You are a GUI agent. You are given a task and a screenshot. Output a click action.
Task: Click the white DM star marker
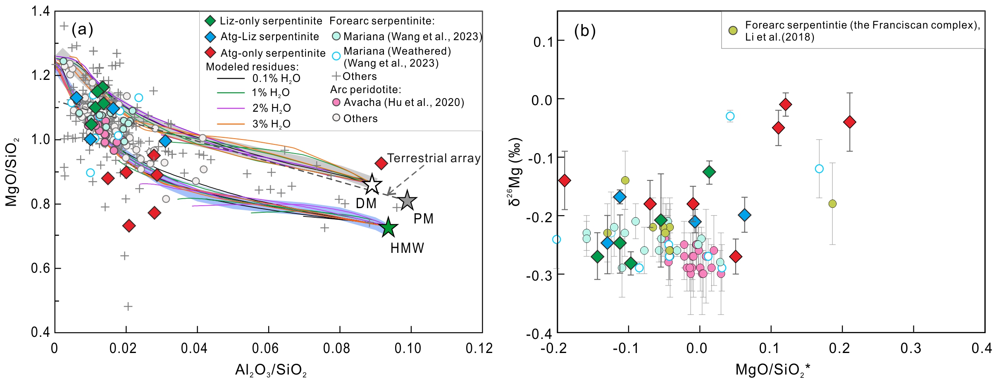(x=372, y=185)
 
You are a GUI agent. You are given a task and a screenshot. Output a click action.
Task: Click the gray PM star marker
(x=408, y=201)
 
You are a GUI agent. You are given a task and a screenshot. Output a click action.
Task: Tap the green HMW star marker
(x=388, y=227)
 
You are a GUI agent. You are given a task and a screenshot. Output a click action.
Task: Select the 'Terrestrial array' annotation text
(x=434, y=158)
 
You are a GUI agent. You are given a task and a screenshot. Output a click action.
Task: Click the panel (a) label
(x=82, y=29)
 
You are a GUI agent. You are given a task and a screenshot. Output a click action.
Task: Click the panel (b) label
(x=585, y=31)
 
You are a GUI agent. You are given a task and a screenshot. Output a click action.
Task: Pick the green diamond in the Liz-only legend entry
(x=210, y=21)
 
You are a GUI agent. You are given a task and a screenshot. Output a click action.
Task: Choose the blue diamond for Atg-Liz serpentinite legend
(x=210, y=37)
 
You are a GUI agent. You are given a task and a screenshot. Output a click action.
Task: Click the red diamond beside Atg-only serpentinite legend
(x=210, y=53)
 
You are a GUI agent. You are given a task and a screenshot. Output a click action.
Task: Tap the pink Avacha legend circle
(x=336, y=102)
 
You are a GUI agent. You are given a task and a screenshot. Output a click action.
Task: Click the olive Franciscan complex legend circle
(x=733, y=30)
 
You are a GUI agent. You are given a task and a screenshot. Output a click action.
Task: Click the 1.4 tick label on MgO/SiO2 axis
(x=41, y=12)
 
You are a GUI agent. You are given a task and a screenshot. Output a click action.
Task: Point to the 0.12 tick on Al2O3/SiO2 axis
(x=479, y=348)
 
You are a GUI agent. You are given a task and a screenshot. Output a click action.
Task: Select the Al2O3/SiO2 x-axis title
(x=271, y=370)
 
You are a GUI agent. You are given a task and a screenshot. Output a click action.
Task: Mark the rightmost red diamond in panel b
(x=849, y=122)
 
